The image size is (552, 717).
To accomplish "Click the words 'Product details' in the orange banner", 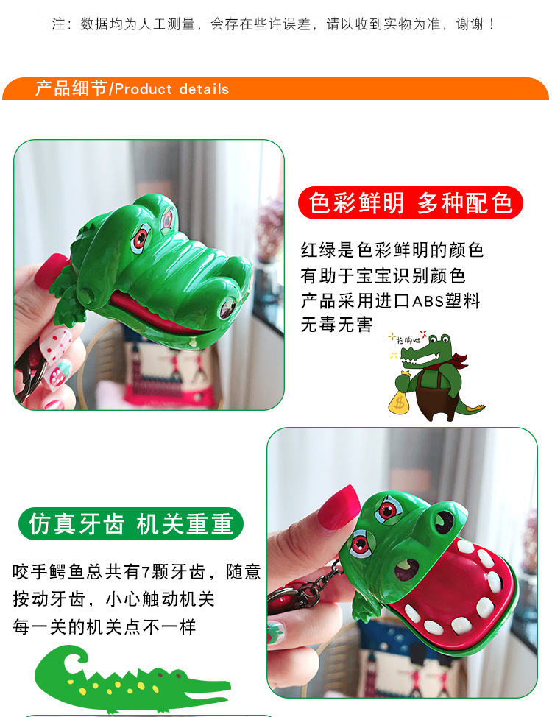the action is tap(171, 89).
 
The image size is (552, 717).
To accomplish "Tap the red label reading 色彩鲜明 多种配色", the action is tap(410, 202).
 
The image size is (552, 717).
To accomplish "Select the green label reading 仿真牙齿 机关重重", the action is tap(131, 523).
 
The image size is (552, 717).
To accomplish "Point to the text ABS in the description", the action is tap(428, 301).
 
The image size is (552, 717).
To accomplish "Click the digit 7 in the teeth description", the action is tap(146, 572).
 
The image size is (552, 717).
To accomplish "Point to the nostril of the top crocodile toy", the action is tap(227, 307).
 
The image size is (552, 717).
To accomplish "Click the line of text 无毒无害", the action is tap(336, 325).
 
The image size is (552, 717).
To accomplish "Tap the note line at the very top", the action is tap(273, 24).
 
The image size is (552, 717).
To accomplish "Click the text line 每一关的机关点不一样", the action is tap(105, 626).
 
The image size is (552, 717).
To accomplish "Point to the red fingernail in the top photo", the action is tap(52, 270).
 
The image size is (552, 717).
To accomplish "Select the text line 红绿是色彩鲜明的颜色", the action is tap(392, 250).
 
